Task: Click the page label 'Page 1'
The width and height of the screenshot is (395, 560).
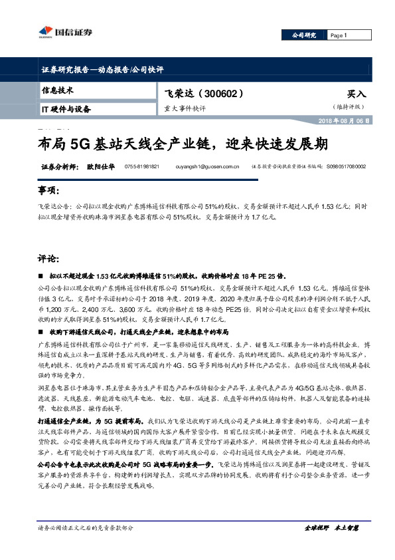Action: coord(339,35)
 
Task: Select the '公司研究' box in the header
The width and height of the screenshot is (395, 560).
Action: coord(303,35)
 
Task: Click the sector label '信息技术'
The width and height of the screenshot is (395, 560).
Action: coord(57,90)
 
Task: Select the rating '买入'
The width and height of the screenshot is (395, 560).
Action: coord(356,94)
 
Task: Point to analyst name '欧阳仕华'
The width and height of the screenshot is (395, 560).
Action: coord(100,167)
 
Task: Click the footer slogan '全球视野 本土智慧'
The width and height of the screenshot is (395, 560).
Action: coord(331,527)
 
